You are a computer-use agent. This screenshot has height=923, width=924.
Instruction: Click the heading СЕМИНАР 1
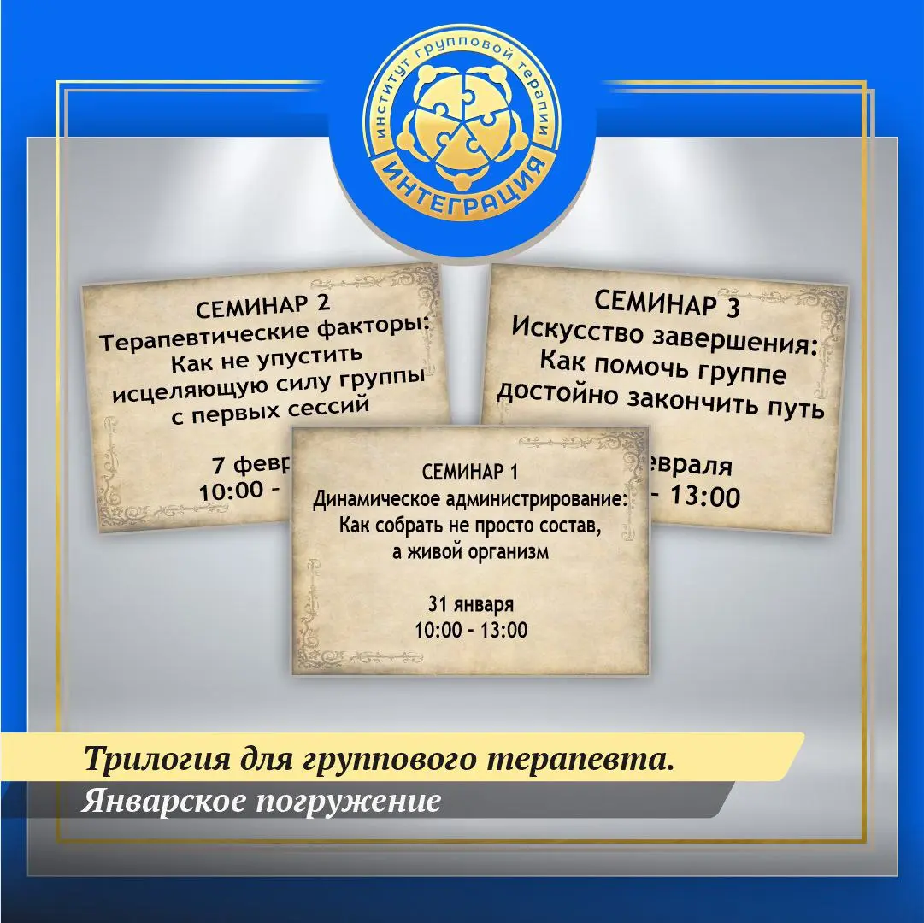(x=470, y=472)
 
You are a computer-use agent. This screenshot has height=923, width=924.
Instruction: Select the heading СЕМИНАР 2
(x=262, y=309)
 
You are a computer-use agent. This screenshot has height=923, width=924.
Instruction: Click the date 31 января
(x=471, y=605)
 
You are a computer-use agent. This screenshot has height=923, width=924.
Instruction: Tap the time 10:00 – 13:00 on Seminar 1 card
(x=471, y=631)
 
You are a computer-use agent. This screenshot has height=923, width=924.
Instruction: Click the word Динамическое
(x=368, y=499)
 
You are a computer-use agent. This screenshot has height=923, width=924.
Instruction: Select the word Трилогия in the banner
(x=146, y=759)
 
